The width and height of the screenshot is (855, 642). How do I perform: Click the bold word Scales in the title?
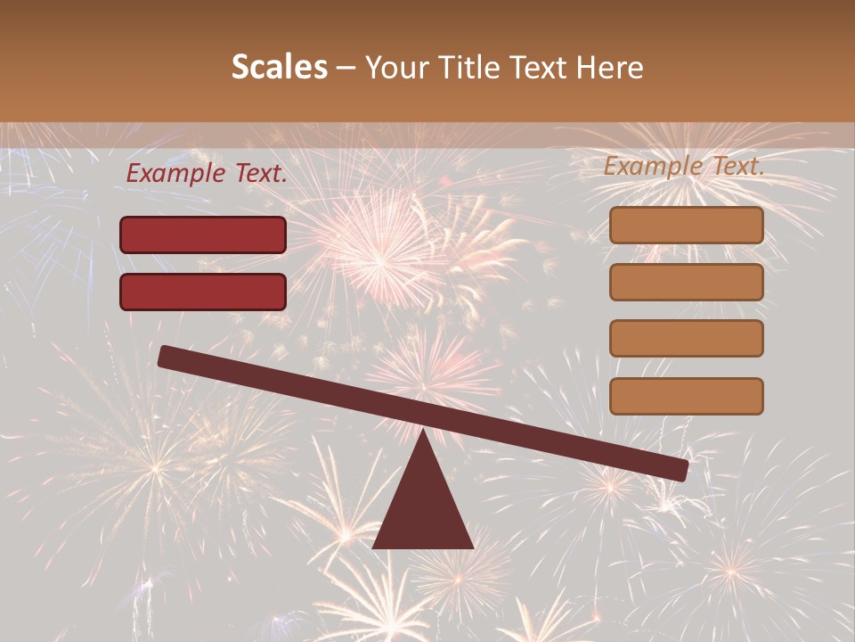click(279, 68)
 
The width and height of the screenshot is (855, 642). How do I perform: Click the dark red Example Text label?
click(207, 174)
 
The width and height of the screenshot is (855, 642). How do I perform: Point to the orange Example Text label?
click(684, 166)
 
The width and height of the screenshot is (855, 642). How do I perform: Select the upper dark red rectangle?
click(203, 235)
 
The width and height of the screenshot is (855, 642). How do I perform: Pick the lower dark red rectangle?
click(203, 292)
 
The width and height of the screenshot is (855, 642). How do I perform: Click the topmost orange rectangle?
click(686, 226)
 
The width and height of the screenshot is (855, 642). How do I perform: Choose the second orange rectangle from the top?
click(686, 282)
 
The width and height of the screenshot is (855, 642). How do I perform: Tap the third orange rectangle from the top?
click(686, 339)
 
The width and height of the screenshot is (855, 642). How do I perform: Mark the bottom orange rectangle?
click(686, 396)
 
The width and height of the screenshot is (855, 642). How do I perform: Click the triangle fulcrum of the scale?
click(423, 504)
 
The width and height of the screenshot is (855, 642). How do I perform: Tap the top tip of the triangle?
click(423, 432)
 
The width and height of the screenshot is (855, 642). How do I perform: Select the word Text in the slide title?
click(538, 68)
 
